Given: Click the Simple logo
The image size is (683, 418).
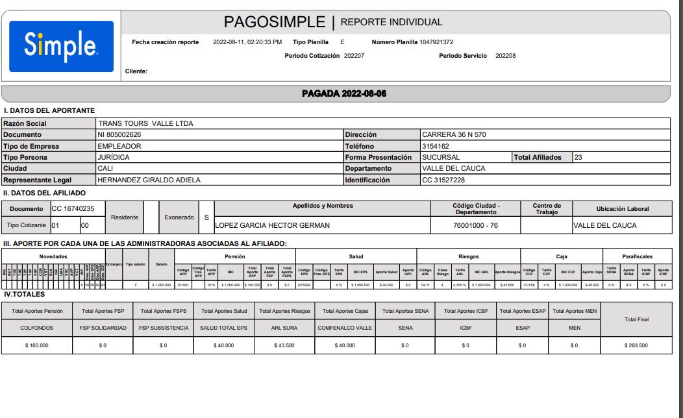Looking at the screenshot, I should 61,46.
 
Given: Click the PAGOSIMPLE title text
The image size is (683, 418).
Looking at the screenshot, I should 274,22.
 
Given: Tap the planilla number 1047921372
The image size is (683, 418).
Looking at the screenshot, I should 436,42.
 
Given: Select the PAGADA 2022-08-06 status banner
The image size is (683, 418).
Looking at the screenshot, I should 344,93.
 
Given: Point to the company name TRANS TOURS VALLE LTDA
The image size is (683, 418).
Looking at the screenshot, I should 145,123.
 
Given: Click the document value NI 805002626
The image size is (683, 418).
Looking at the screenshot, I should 119,135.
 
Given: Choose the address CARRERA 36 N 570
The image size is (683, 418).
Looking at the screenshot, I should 454,135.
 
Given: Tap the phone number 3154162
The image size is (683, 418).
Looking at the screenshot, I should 436,146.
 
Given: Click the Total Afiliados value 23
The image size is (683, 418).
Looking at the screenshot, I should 578,157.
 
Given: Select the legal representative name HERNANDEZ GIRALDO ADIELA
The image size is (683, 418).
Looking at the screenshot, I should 149,180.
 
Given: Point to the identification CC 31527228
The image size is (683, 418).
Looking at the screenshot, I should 443,180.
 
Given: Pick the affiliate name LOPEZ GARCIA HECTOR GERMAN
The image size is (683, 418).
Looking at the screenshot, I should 273,225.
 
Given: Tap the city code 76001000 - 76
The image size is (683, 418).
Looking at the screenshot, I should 476,225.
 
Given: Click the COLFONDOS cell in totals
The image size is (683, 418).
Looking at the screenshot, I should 36,328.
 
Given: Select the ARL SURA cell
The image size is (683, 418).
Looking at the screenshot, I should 284,328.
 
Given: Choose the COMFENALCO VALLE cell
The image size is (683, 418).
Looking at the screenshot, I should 345,328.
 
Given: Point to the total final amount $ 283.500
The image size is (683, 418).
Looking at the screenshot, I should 636,345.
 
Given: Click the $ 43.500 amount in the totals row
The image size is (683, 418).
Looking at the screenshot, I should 284,345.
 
